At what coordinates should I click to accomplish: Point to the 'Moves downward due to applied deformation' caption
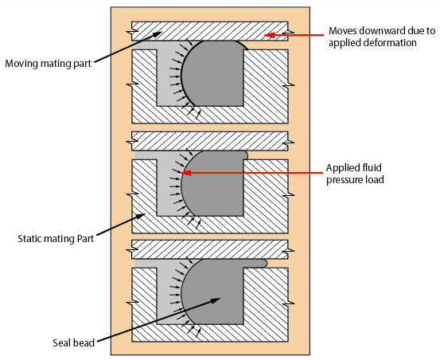pos(382,37)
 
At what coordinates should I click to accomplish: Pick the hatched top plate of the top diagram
pos(209,30)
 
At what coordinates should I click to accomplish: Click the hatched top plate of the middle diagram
pos(209,140)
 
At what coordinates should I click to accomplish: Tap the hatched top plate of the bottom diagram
pos(209,248)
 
